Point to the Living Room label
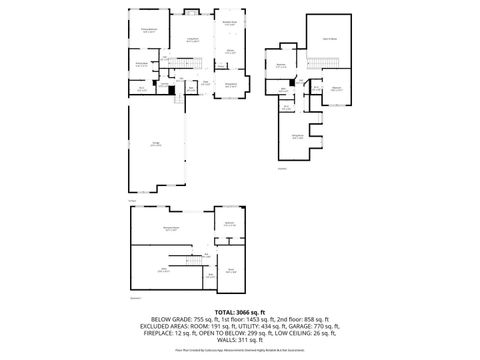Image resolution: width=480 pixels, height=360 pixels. pos(191,39)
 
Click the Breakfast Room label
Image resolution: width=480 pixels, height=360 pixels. pos(229,23)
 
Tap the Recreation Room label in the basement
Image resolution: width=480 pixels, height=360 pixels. pos(157,229)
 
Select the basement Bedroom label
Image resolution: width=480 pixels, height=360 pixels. pos(229,223)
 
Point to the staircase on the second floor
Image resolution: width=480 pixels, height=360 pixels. pos(312,65)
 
